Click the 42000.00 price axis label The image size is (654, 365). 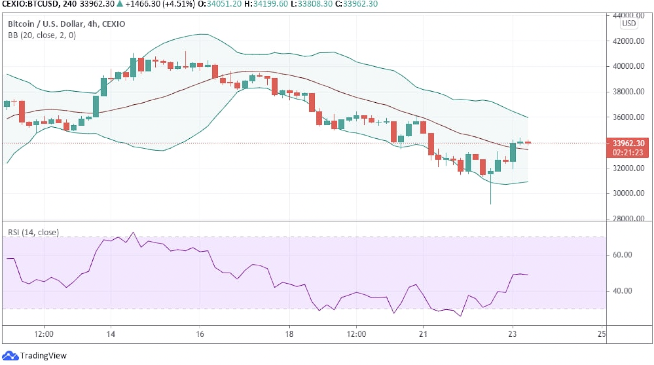[x=628, y=41]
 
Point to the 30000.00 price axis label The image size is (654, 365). [x=628, y=193]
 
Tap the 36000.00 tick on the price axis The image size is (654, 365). [x=628, y=117]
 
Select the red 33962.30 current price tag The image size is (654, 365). [x=628, y=143]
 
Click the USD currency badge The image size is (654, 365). [x=629, y=23]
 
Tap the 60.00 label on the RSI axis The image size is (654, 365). [x=622, y=255]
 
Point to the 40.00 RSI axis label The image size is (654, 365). [x=622, y=291]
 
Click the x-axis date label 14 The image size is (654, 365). [x=111, y=334]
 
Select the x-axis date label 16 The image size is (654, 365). [x=200, y=334]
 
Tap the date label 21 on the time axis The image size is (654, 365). [x=423, y=334]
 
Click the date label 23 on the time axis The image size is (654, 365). [x=512, y=334]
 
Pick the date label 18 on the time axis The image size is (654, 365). [x=289, y=334]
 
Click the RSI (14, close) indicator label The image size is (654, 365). [x=34, y=232]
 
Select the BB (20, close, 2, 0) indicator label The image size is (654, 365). [x=42, y=35]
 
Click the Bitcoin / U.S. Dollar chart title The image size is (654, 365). [x=66, y=24]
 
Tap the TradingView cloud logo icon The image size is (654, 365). [x=10, y=355]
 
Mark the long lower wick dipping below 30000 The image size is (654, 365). [x=490, y=192]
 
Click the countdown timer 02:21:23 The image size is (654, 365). [x=628, y=153]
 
